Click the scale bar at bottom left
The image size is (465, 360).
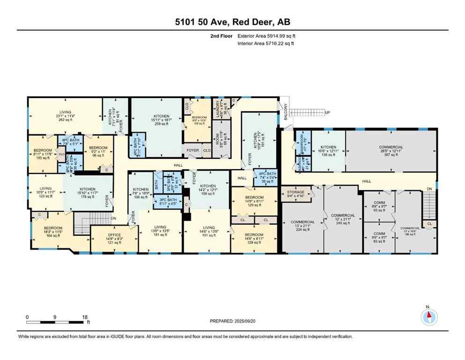tap(56, 322)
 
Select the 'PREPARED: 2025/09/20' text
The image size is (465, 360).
tap(232, 321)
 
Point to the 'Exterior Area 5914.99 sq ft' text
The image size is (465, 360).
tap(266, 36)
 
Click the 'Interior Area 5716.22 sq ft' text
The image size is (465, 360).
tap(266, 44)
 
